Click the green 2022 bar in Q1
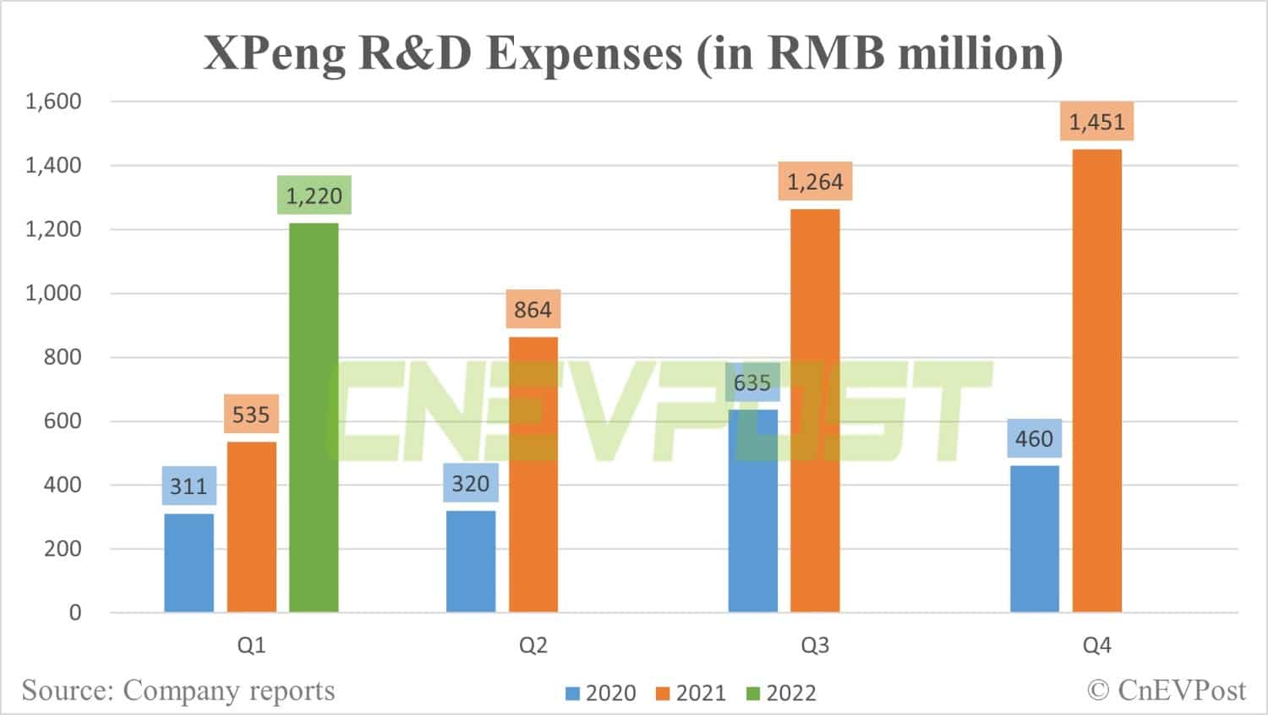(314, 417)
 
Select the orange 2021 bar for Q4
(1097, 381)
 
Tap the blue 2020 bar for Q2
(471, 561)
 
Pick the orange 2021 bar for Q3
(815, 410)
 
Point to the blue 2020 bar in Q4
(1035, 539)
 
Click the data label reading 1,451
(1097, 122)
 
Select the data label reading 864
(533, 310)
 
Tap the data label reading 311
(189, 486)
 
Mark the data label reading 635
(752, 383)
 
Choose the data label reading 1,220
(314, 195)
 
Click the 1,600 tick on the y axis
(53, 102)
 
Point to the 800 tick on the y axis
(63, 357)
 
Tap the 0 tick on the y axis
(75, 613)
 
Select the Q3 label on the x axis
(815, 646)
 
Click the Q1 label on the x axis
(251, 646)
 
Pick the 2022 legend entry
(782, 694)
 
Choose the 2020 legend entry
(601, 694)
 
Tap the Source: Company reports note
(178, 690)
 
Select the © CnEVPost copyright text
(1167, 690)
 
